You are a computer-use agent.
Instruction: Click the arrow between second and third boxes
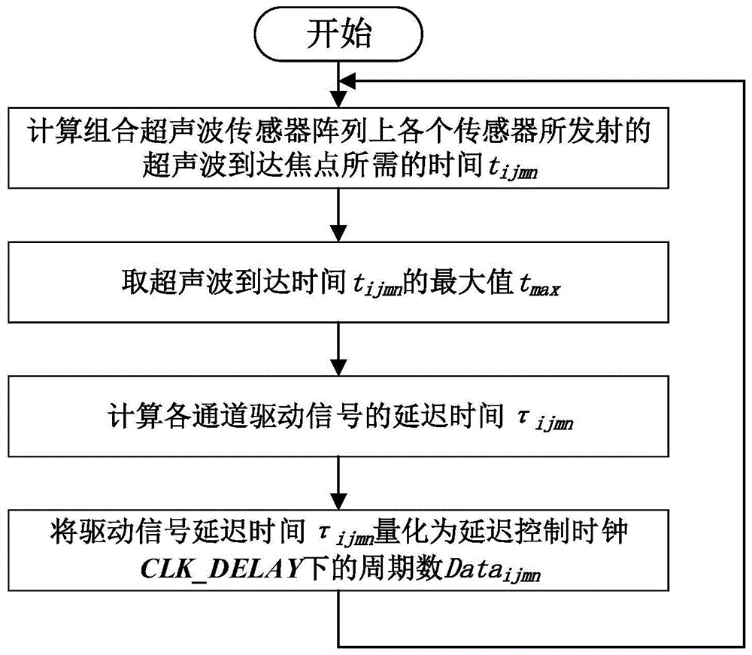point(341,346)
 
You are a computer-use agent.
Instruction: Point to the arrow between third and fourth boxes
point(341,478)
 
